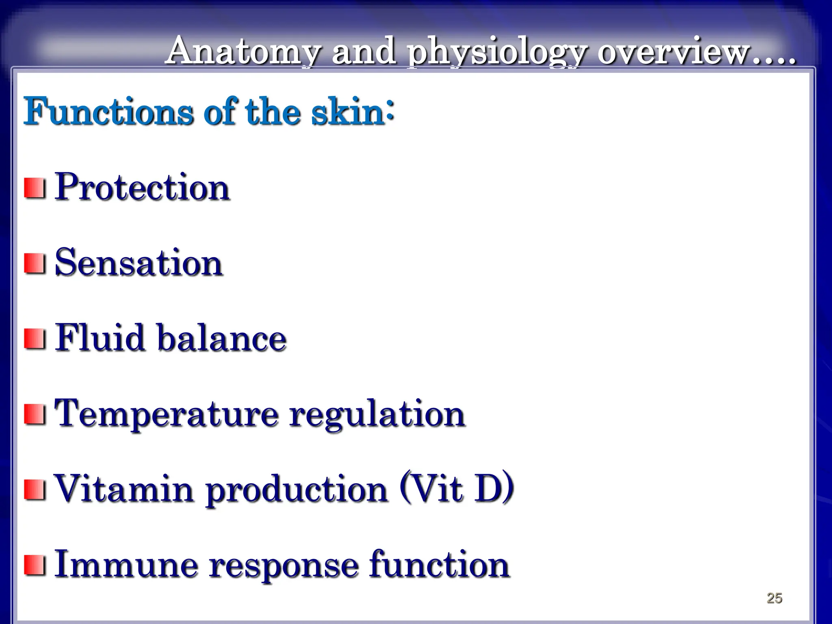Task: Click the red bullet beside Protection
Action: (x=35, y=188)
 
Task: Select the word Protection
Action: (x=142, y=188)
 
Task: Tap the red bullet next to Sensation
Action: (x=35, y=264)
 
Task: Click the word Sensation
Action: (x=139, y=263)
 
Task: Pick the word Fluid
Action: (x=100, y=338)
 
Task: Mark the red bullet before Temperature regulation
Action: (x=35, y=414)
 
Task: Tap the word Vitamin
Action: (x=124, y=488)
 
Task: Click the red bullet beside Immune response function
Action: (x=35, y=565)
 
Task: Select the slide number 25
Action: (x=774, y=598)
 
